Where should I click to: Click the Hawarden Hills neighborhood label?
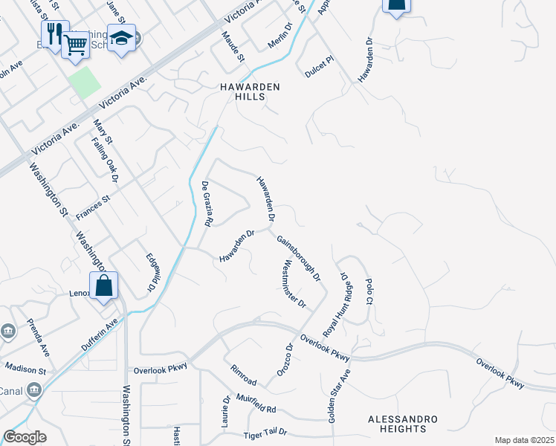click(x=250, y=92)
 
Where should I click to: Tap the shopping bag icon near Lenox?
click(x=104, y=285)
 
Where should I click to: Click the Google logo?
click(x=25, y=437)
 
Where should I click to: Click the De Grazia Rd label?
click(x=208, y=204)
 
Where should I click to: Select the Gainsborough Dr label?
click(x=298, y=259)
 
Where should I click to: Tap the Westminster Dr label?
click(x=294, y=283)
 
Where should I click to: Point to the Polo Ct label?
click(x=368, y=291)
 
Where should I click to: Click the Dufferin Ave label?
click(x=99, y=335)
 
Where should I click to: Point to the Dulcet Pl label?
click(x=320, y=71)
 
